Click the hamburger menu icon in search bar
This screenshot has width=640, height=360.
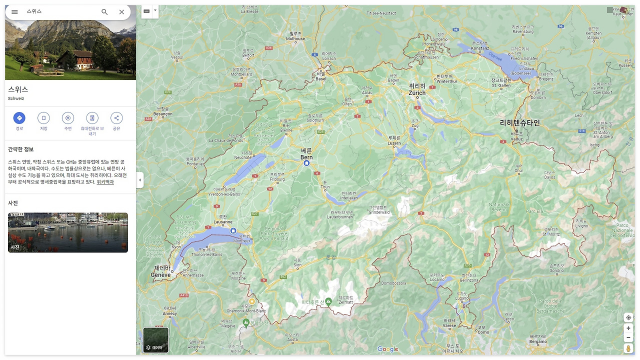tap(14, 12)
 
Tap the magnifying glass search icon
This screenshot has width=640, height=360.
tap(104, 12)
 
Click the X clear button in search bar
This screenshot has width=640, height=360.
tap(121, 12)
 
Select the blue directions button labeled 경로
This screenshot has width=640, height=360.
tap(19, 118)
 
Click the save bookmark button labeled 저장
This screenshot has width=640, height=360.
tap(43, 118)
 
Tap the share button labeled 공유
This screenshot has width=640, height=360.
tap(116, 118)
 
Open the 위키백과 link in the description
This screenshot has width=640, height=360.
tap(105, 182)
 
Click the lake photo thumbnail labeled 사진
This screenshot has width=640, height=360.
tap(68, 232)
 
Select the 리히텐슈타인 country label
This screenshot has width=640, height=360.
tap(520, 122)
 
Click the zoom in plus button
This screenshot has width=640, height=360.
tap(628, 328)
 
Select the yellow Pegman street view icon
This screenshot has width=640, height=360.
tap(628, 348)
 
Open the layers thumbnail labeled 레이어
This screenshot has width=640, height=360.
tap(156, 340)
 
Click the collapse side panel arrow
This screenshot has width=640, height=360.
tap(140, 180)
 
